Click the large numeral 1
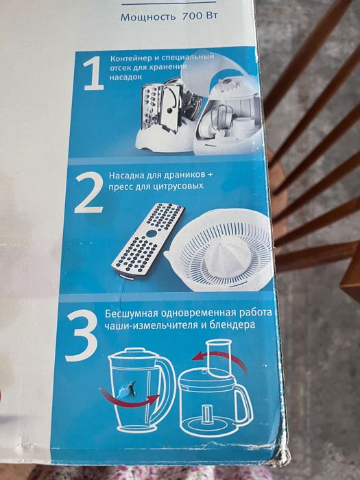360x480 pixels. pos(93,74)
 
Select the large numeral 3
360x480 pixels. pos(82,337)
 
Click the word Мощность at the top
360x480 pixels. pos(148,17)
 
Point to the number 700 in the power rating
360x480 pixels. pos(193,16)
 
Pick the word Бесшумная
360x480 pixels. pos(132,314)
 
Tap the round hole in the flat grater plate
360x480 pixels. pos(152,234)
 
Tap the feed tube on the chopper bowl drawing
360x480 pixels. pos(219,357)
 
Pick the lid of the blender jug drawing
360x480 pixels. pos(134,355)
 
